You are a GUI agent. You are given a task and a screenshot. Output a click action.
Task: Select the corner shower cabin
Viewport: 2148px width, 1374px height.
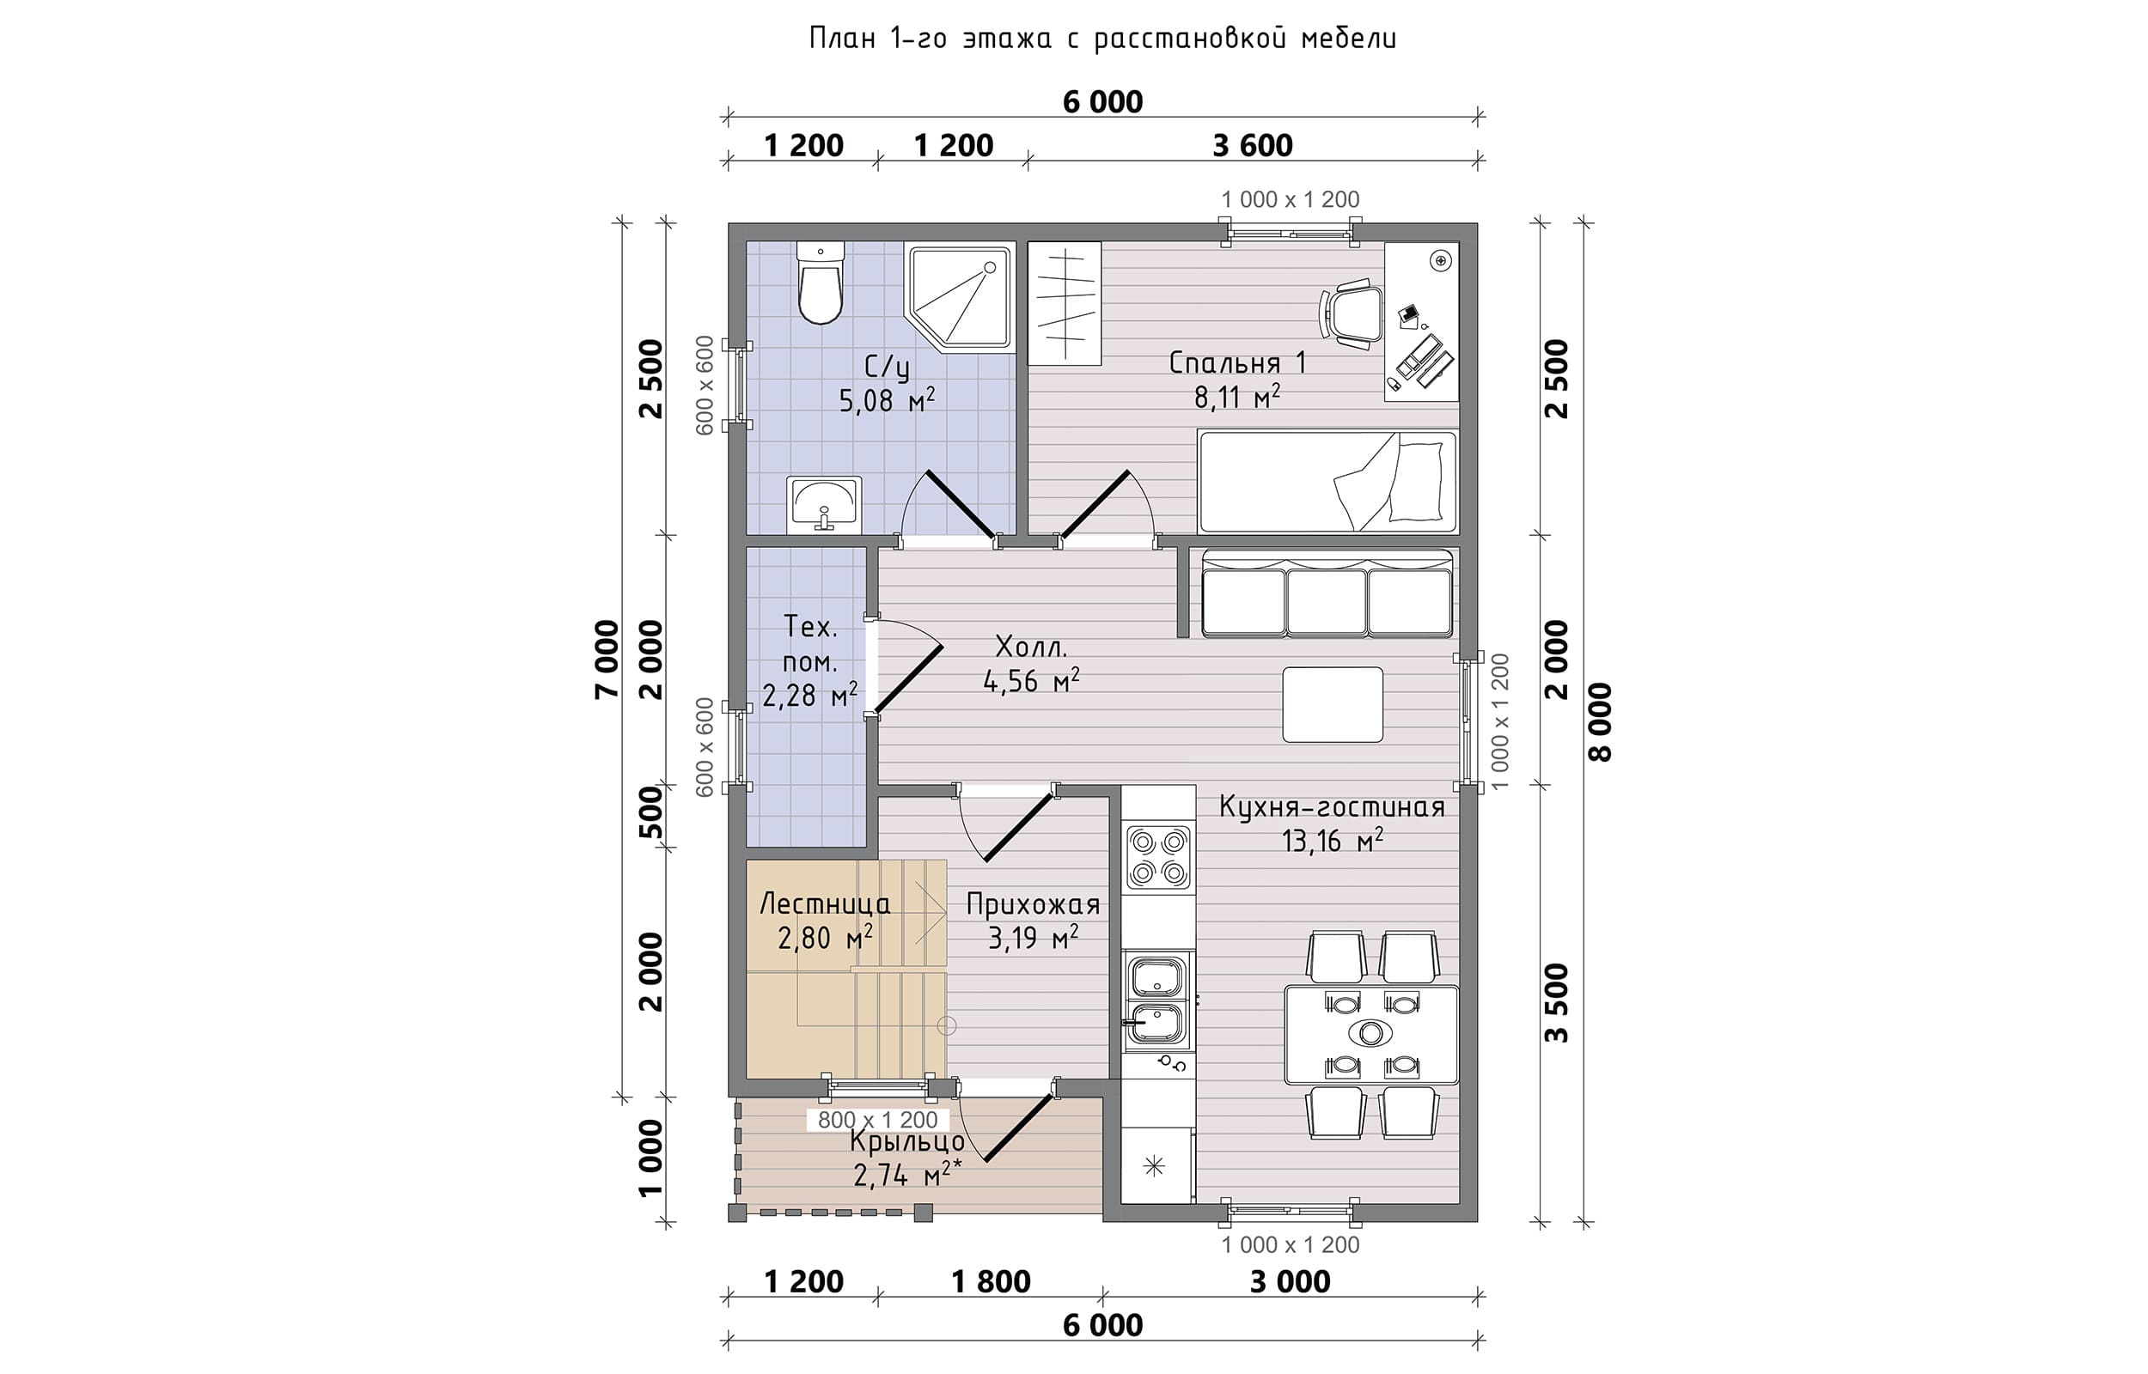click(960, 297)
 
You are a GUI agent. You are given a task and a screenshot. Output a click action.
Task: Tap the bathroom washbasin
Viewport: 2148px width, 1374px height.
click(825, 504)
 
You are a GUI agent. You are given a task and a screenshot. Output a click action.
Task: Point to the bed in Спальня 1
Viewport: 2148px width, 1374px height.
click(1327, 482)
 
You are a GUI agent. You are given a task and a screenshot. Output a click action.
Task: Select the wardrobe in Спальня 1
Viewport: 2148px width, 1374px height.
click(1065, 303)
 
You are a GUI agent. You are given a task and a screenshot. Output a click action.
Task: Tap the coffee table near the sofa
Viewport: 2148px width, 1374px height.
click(1333, 704)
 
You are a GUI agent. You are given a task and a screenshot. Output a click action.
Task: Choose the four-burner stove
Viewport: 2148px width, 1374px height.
click(1158, 857)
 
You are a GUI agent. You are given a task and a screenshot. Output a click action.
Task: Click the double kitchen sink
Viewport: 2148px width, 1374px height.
click(1157, 1000)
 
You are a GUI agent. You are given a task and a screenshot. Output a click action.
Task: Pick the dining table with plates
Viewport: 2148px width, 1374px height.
click(1370, 1033)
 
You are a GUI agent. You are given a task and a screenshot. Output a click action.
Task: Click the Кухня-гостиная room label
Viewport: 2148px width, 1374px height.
click(1332, 806)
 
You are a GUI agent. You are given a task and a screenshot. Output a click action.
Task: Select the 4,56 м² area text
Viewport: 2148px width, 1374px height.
click(1031, 682)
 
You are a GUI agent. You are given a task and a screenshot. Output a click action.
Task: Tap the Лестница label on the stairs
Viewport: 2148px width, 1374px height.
click(825, 905)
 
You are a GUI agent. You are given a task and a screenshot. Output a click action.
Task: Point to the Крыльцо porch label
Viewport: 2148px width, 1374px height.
click(906, 1142)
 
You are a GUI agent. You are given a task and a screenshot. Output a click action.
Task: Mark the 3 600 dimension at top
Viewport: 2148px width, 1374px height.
click(1252, 145)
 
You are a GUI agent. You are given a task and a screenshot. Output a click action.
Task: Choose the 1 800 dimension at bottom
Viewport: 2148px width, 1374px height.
click(991, 1282)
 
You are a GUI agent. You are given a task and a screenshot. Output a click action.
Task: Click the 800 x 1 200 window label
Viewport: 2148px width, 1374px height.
click(877, 1120)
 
